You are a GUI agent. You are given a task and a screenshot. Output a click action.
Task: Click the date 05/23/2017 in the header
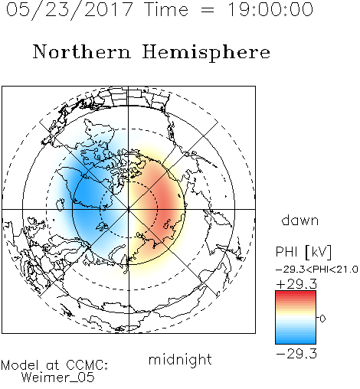click(x=69, y=10)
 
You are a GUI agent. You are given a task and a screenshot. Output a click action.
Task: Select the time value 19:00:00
click(x=270, y=9)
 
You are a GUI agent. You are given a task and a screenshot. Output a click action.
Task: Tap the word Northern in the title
click(x=82, y=52)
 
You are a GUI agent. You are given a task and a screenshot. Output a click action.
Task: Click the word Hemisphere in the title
click(x=206, y=53)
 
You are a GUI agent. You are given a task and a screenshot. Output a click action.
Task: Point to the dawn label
click(x=300, y=220)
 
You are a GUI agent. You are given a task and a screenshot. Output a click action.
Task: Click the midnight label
click(x=180, y=360)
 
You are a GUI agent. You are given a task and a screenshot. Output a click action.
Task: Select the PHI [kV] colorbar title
click(x=303, y=252)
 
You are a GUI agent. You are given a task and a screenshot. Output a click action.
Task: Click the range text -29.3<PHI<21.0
click(x=317, y=270)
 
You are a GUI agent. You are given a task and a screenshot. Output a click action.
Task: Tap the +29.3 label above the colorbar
click(x=296, y=284)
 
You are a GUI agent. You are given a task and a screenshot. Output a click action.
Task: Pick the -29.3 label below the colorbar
click(x=296, y=354)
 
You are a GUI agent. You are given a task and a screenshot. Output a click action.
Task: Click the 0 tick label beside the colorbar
click(x=322, y=319)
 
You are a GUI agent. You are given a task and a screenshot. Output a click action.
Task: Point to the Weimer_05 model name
click(x=58, y=378)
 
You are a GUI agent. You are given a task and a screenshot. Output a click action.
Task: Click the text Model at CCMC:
click(x=54, y=365)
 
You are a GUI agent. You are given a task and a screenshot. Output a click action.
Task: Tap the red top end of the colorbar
click(x=296, y=293)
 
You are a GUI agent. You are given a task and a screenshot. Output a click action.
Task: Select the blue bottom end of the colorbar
click(x=296, y=342)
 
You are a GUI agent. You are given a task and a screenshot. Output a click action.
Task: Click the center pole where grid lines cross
click(x=129, y=209)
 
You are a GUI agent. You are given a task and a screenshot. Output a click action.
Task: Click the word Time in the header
click(x=166, y=9)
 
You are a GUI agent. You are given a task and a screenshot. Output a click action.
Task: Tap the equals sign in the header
click(x=208, y=10)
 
